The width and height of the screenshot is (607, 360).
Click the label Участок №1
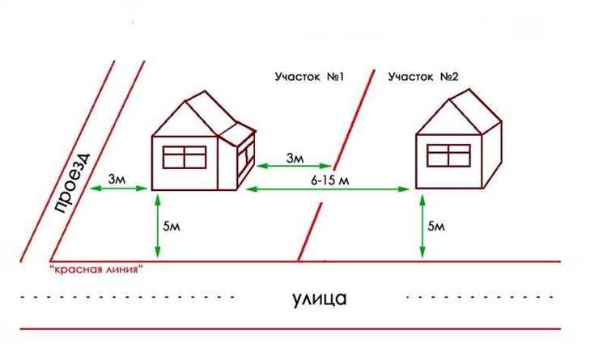coord(309,77)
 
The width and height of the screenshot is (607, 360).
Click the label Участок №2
coord(423,77)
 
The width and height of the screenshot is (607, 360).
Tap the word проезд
coord(72,184)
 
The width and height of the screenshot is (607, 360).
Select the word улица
coord(320,299)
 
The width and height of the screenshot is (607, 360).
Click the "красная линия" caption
coord(96,269)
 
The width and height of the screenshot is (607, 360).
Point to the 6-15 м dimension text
coord(330,180)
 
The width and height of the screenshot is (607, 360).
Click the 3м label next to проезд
coord(117,180)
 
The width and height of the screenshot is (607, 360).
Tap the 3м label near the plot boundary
coord(295,158)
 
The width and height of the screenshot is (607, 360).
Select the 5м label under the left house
coord(172,226)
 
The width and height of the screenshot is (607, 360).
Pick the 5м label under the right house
coord(436,226)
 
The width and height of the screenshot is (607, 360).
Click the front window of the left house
coord(185,157)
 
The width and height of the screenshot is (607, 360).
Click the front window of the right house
coord(448,155)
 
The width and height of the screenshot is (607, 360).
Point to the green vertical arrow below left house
coord(158,226)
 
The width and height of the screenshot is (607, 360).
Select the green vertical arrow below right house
coord(422,226)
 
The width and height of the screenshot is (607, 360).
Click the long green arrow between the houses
coord(328,189)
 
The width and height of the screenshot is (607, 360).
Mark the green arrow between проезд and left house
coord(118,188)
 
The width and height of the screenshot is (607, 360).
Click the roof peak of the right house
coord(469,90)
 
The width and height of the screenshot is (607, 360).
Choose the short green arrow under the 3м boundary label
coord(295,166)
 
